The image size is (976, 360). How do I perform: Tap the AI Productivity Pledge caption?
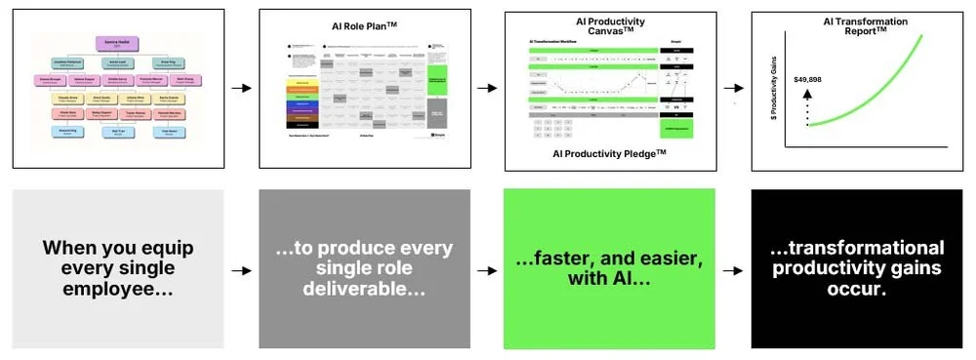click(x=608, y=154)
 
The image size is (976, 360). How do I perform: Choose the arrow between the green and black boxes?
click(x=734, y=268)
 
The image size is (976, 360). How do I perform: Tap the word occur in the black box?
click(x=858, y=291)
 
